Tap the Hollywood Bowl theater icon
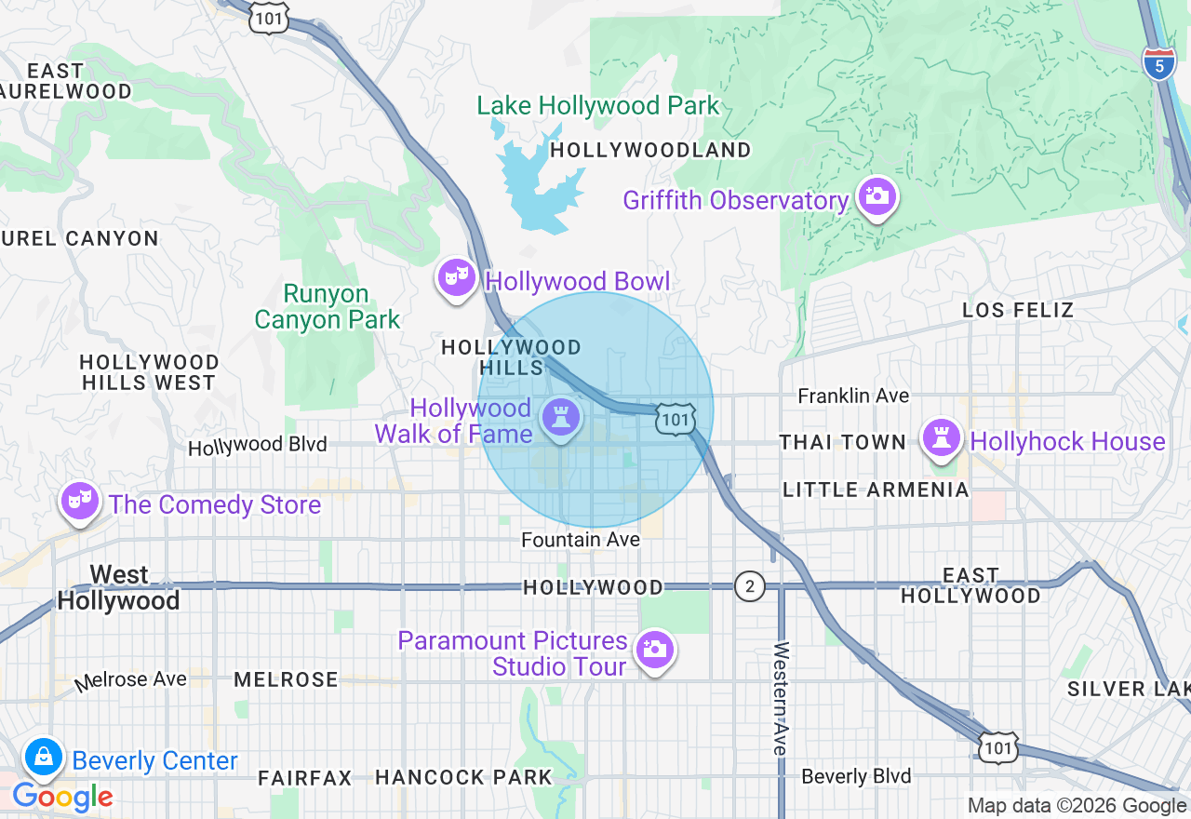click(x=457, y=277)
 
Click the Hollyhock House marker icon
click(x=942, y=436)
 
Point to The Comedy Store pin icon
click(x=79, y=502)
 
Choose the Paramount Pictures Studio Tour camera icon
click(x=654, y=649)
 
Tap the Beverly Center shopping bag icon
click(x=43, y=758)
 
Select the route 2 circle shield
click(x=749, y=586)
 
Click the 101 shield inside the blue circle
click(x=675, y=419)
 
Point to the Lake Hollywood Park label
click(x=598, y=106)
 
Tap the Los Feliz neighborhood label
click(x=1018, y=310)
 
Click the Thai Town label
click(x=842, y=443)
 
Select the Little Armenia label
click(x=876, y=490)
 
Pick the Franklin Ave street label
click(x=853, y=396)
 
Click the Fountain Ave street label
click(x=580, y=540)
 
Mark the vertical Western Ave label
click(x=780, y=698)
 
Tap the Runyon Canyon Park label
click(x=327, y=307)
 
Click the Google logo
click(x=62, y=797)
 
